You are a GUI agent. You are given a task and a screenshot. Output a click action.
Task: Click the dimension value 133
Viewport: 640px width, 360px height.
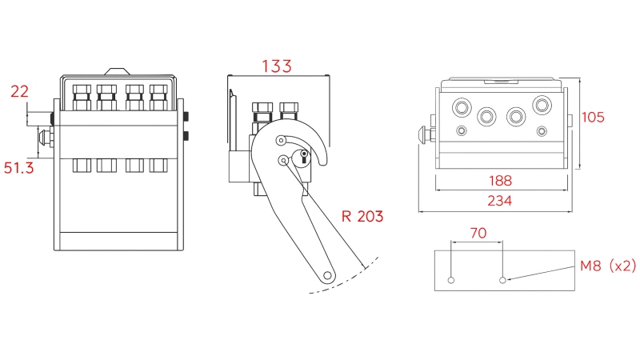pyautogui.click(x=278, y=66)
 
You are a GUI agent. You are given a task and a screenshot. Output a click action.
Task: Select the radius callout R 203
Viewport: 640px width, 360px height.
pyautogui.click(x=362, y=216)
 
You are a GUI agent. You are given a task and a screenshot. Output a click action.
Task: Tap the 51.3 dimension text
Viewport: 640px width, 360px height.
pyautogui.click(x=19, y=169)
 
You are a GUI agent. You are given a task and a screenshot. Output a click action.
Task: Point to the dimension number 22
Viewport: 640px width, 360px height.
pyautogui.click(x=19, y=91)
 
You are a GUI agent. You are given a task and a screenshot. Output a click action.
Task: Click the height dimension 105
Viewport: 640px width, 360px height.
pyautogui.click(x=593, y=117)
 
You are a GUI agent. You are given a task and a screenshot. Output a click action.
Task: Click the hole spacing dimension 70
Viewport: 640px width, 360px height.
pyautogui.click(x=477, y=234)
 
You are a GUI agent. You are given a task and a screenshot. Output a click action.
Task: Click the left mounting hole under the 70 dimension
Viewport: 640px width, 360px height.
pyautogui.click(x=451, y=280)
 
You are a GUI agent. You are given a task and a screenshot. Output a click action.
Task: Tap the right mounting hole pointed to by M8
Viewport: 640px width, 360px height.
pyautogui.click(x=502, y=280)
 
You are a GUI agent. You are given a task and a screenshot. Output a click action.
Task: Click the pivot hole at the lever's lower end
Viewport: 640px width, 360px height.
pyautogui.click(x=327, y=276)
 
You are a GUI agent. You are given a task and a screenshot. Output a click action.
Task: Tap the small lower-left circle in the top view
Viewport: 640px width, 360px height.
pyautogui.click(x=461, y=130)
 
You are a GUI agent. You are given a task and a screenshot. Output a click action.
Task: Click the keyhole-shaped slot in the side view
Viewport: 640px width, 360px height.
pyautogui.click(x=304, y=158)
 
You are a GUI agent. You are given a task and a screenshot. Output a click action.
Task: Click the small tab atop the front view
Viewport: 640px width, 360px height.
pyautogui.click(x=118, y=70)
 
